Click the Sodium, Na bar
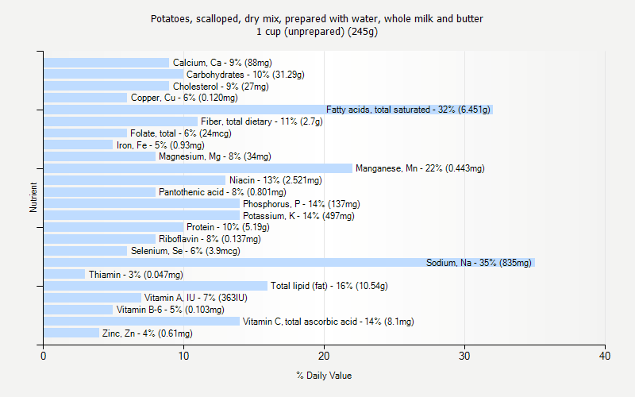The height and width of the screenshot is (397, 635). point(289,262)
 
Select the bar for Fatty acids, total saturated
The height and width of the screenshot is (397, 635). point(268,110)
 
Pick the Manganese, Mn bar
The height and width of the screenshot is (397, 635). point(198,168)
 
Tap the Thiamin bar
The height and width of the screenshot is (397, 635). point(64,274)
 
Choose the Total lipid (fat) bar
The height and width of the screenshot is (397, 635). point(156,286)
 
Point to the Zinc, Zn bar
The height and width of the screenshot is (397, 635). point(71,333)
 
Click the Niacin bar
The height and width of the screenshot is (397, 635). point(134,180)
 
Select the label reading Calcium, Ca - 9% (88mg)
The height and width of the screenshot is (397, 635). point(222,63)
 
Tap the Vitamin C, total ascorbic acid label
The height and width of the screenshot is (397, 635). point(328,322)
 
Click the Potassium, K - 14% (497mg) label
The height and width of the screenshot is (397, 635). point(298,215)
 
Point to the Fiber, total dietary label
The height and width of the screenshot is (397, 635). point(261,121)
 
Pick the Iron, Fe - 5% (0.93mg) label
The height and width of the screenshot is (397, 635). point(160,145)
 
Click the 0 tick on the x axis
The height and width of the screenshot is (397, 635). point(44,355)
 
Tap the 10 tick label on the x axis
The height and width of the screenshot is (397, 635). point(183,355)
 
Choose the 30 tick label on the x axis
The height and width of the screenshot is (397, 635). point(464,355)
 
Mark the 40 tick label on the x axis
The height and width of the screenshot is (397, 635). point(605,355)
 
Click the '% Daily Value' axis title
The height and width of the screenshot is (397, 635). point(324,376)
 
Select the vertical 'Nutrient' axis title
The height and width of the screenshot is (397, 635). point(33,198)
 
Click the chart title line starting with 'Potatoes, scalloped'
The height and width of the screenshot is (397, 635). point(317,18)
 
